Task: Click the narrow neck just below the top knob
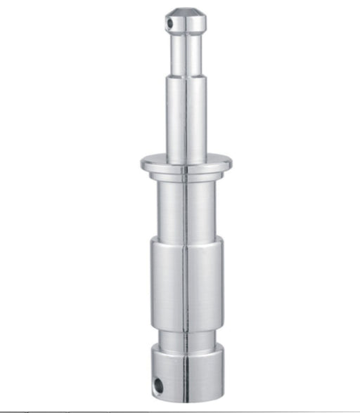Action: click(x=186, y=53)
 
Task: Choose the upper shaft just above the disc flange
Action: click(x=186, y=126)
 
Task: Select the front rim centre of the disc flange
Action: click(x=186, y=169)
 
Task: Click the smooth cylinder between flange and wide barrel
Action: click(x=186, y=207)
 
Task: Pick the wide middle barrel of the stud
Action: click(x=186, y=281)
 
